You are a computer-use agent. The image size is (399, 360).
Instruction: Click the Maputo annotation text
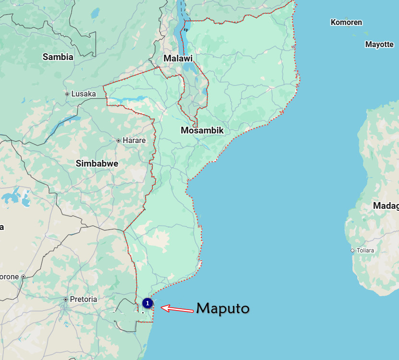click(223, 308)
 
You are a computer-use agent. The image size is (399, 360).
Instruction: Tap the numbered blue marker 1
click(148, 303)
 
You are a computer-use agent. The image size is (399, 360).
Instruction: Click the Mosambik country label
click(202, 130)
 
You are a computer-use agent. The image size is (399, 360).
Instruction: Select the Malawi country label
click(178, 58)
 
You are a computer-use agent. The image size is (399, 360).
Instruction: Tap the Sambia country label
click(58, 57)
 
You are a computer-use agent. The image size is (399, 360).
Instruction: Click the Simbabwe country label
click(97, 163)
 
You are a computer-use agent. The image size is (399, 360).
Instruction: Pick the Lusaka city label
click(83, 94)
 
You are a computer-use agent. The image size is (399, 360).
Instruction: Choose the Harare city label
click(134, 141)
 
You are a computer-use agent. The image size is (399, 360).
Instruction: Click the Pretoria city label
click(83, 299)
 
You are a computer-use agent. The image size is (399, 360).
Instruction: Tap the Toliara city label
click(365, 251)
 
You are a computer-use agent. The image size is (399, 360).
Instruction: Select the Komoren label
click(346, 22)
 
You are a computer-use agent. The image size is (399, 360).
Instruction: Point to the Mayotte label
click(379, 44)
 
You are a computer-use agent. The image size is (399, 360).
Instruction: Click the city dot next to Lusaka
click(67, 94)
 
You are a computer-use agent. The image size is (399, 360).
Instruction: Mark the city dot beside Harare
click(118, 141)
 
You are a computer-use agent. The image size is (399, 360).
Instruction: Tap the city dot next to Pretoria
click(66, 300)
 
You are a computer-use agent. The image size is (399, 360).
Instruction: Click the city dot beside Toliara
click(352, 251)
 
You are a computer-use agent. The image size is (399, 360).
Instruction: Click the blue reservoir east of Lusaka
click(126, 100)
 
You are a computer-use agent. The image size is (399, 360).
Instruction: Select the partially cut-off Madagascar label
click(386, 206)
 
